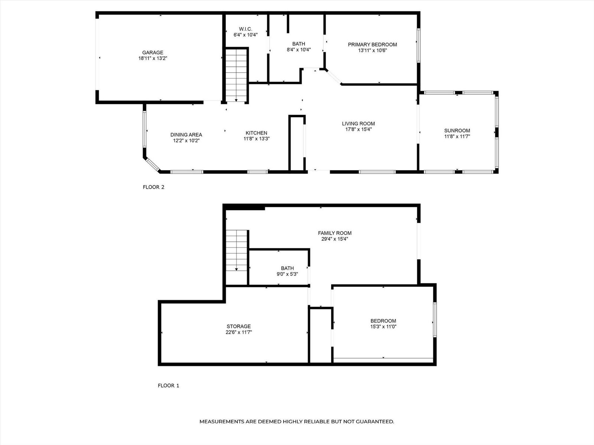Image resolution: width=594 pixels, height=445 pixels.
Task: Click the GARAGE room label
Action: coord(153,52)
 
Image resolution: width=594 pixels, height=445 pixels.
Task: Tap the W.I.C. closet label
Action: coord(245,29)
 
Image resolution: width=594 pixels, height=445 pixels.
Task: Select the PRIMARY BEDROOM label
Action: coord(372,44)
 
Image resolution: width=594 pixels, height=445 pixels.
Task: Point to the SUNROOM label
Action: coord(457,131)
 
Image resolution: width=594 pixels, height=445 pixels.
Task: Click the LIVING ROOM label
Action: coord(358,123)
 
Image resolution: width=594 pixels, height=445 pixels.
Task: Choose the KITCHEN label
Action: coord(256,133)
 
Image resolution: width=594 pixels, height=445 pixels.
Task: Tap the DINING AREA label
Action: coord(186,135)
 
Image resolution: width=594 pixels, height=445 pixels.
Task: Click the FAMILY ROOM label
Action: coord(335,233)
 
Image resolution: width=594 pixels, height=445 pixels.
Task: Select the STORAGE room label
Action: coord(239,326)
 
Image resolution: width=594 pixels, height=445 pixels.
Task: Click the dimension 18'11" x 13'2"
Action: coord(153,58)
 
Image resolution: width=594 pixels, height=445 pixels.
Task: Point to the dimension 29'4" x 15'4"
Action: coord(334,239)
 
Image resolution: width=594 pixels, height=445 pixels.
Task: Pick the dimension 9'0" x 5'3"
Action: coord(287,274)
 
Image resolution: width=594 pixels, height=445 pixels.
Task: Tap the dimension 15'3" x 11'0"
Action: coord(384,327)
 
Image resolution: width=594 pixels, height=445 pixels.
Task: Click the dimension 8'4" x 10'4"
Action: coord(299,49)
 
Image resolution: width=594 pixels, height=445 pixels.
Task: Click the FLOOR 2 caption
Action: coord(153,187)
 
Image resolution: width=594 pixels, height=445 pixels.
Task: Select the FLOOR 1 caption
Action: coord(168,386)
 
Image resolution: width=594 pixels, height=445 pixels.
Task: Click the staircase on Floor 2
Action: coord(236,75)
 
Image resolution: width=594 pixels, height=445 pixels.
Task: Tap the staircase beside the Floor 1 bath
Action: coord(236,250)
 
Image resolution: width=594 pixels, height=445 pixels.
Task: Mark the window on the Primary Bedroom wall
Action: coord(419,46)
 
